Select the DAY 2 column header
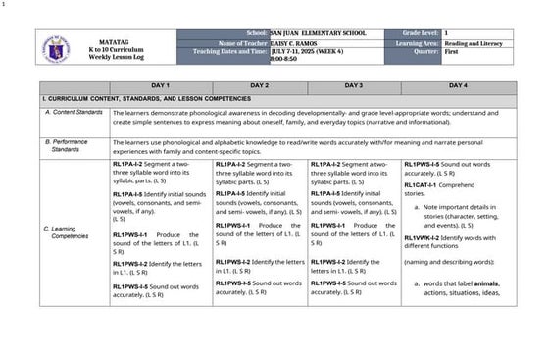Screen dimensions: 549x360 tap(259, 86)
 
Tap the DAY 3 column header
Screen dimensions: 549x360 tap(354, 86)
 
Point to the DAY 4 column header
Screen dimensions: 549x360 tap(457, 86)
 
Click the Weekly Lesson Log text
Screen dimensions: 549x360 tap(108, 56)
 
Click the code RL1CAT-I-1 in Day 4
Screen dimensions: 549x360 tap(424, 185)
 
